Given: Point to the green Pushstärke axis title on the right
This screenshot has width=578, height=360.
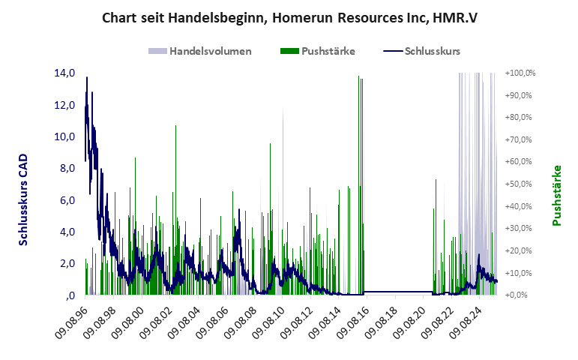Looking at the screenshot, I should click(x=557, y=195).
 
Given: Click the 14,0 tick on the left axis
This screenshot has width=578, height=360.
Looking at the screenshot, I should click(x=64, y=73).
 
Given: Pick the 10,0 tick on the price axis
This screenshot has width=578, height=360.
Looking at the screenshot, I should click(x=64, y=137).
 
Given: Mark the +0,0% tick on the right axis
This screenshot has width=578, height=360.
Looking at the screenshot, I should click(x=522, y=295).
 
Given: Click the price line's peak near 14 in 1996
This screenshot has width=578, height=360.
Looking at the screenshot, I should click(x=87, y=78).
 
